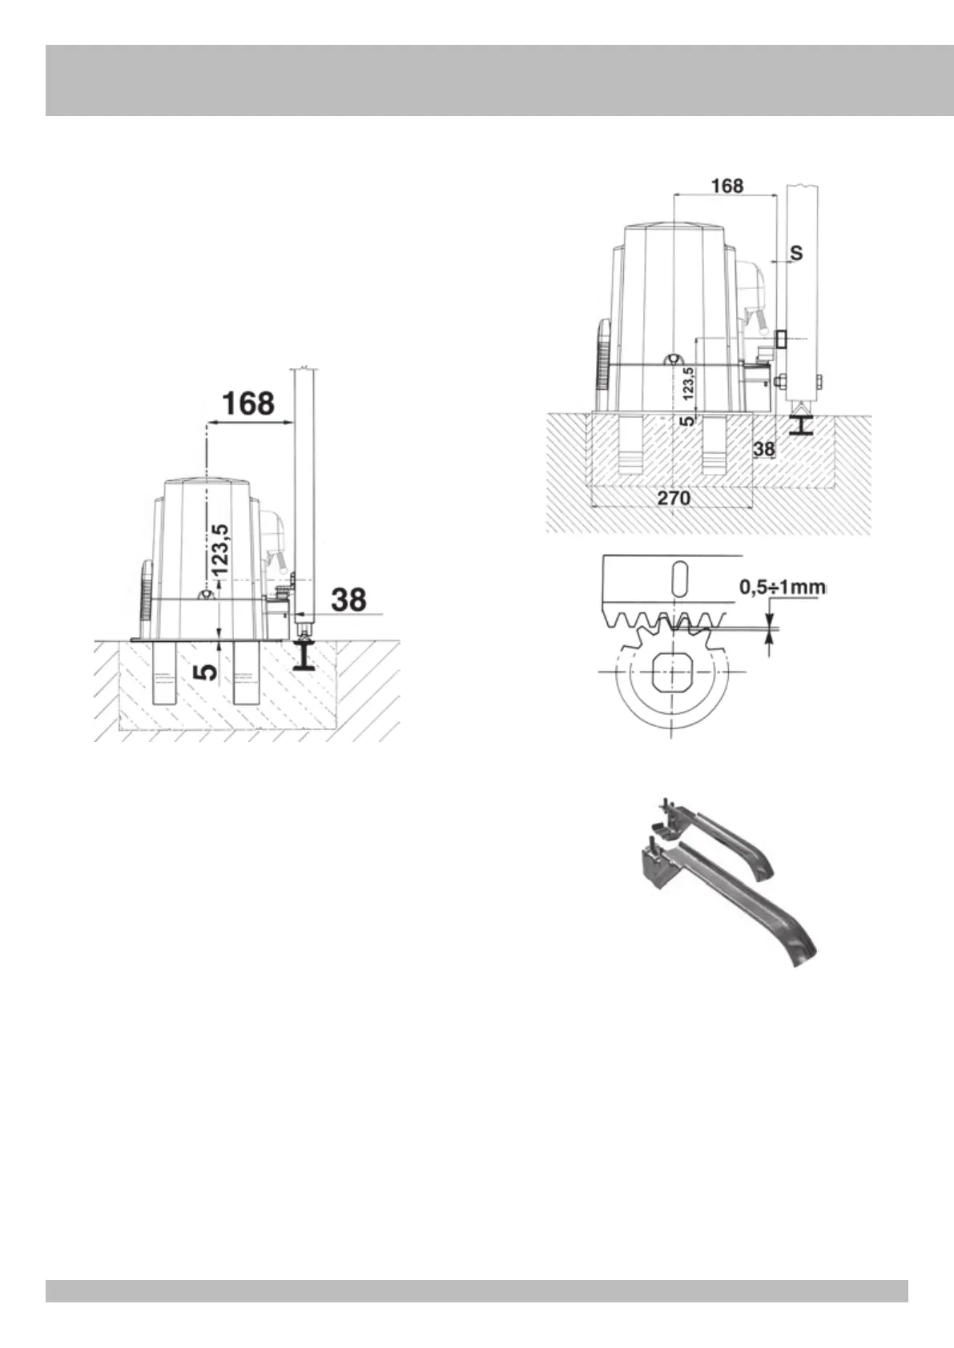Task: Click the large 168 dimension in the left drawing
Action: [x=248, y=403]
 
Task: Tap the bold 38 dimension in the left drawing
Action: [x=348, y=600]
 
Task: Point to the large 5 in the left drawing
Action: [x=207, y=671]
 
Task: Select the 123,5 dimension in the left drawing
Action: [x=220, y=548]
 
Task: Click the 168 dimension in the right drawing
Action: [x=727, y=186]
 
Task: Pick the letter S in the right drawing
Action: [x=796, y=253]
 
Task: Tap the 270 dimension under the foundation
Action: [x=674, y=498]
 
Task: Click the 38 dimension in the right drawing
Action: [x=764, y=448]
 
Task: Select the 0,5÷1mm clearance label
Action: [x=783, y=588]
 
